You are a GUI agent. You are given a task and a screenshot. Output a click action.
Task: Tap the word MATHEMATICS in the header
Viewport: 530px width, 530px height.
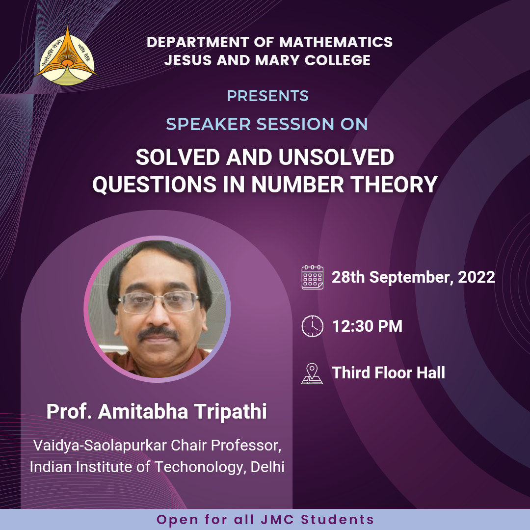click(x=336, y=42)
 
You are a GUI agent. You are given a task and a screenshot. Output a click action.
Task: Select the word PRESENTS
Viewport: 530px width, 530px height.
click(x=268, y=96)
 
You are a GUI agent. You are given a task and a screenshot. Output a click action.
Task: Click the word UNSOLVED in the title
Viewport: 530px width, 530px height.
click(x=336, y=157)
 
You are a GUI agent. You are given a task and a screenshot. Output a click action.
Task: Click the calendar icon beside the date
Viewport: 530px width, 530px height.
click(x=312, y=277)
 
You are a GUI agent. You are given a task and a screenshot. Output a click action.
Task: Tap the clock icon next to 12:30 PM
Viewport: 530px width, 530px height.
click(x=312, y=326)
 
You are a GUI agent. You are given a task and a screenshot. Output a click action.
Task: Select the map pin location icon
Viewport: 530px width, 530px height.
click(x=312, y=373)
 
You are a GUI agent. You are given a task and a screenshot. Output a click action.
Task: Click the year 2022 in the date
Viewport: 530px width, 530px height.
click(x=476, y=277)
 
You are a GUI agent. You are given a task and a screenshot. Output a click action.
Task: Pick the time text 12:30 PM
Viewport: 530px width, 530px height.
click(x=367, y=326)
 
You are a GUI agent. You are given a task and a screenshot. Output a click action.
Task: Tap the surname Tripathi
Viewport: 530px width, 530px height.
click(x=230, y=411)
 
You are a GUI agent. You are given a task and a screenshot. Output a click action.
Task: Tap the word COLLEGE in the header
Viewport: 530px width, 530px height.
click(x=337, y=60)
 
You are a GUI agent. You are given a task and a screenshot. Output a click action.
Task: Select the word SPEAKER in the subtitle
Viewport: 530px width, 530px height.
click(x=208, y=124)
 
